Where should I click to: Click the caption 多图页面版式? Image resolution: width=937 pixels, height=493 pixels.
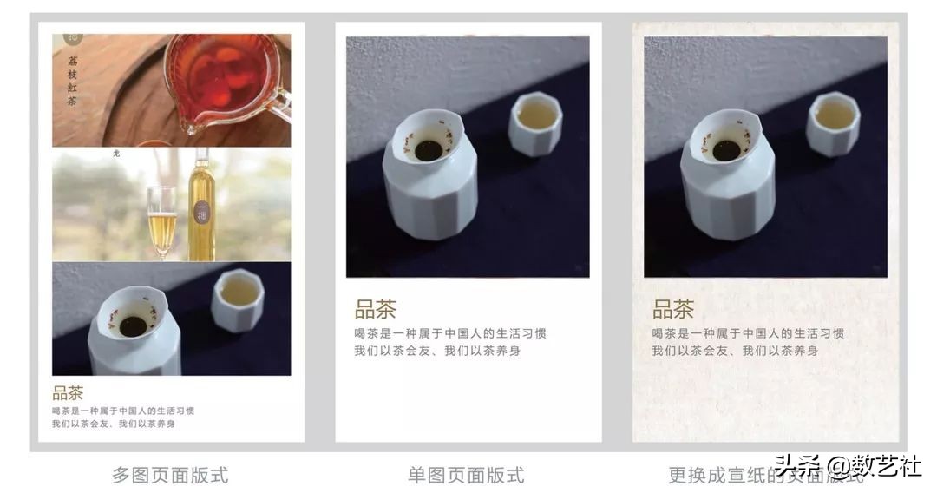[x=170, y=475]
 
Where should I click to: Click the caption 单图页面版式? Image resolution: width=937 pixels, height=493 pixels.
[x=466, y=475]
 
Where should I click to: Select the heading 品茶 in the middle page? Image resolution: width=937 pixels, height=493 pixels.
[x=375, y=310]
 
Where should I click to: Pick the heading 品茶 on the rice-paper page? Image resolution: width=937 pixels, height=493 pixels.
[x=673, y=309]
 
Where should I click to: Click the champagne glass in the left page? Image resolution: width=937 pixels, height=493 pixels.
[x=161, y=222]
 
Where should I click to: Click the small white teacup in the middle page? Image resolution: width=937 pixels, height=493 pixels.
[x=534, y=123]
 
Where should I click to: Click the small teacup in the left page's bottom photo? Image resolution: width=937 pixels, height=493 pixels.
[x=237, y=299]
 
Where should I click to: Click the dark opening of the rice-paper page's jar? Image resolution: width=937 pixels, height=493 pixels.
[x=725, y=150]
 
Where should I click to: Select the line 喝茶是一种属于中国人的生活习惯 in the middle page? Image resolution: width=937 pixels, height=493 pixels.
[x=449, y=333]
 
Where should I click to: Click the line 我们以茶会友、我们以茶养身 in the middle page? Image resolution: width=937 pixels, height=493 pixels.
[x=436, y=351]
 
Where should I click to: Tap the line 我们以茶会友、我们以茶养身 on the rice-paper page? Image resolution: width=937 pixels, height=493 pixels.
[x=735, y=351]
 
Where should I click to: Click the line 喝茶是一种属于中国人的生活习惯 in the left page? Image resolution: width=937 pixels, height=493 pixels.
[x=122, y=411]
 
